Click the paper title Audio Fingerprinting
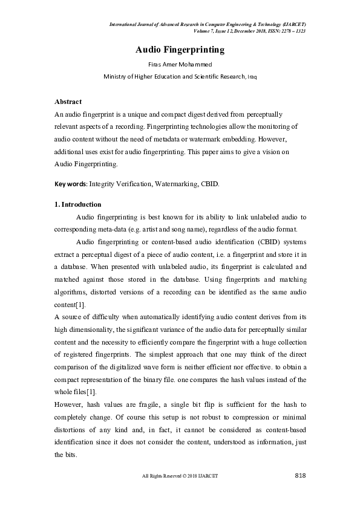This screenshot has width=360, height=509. pos(180,50)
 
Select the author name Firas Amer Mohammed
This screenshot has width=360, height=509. pos(180,65)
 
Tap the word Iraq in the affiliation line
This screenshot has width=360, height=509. pos(251,77)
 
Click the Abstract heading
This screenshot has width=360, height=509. pos(68,102)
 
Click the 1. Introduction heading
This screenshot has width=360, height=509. pos(78,204)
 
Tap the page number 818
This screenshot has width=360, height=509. pos(300,476)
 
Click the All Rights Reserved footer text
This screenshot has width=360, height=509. pos(180,476)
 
